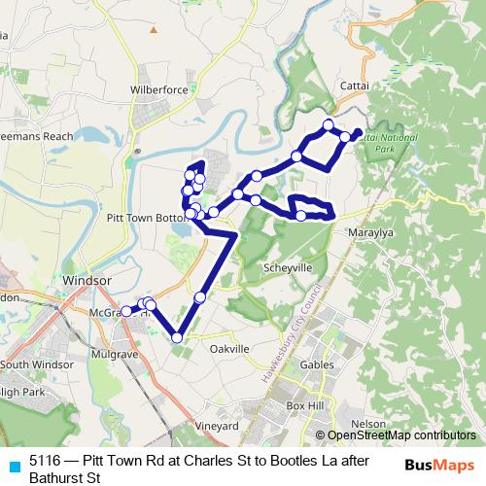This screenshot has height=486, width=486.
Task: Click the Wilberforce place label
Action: (158, 89)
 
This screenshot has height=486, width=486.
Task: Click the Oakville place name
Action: (230, 348)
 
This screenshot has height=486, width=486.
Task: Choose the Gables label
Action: (318, 364)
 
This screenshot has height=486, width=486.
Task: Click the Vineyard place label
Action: (217, 426)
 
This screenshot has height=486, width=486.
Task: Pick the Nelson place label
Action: (367, 424)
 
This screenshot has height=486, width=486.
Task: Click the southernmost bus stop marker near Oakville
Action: (177, 337)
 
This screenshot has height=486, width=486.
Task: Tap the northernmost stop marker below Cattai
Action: (329, 123)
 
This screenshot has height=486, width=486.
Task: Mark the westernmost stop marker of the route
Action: (125, 311)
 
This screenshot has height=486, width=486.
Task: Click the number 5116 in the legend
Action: (45, 461)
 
